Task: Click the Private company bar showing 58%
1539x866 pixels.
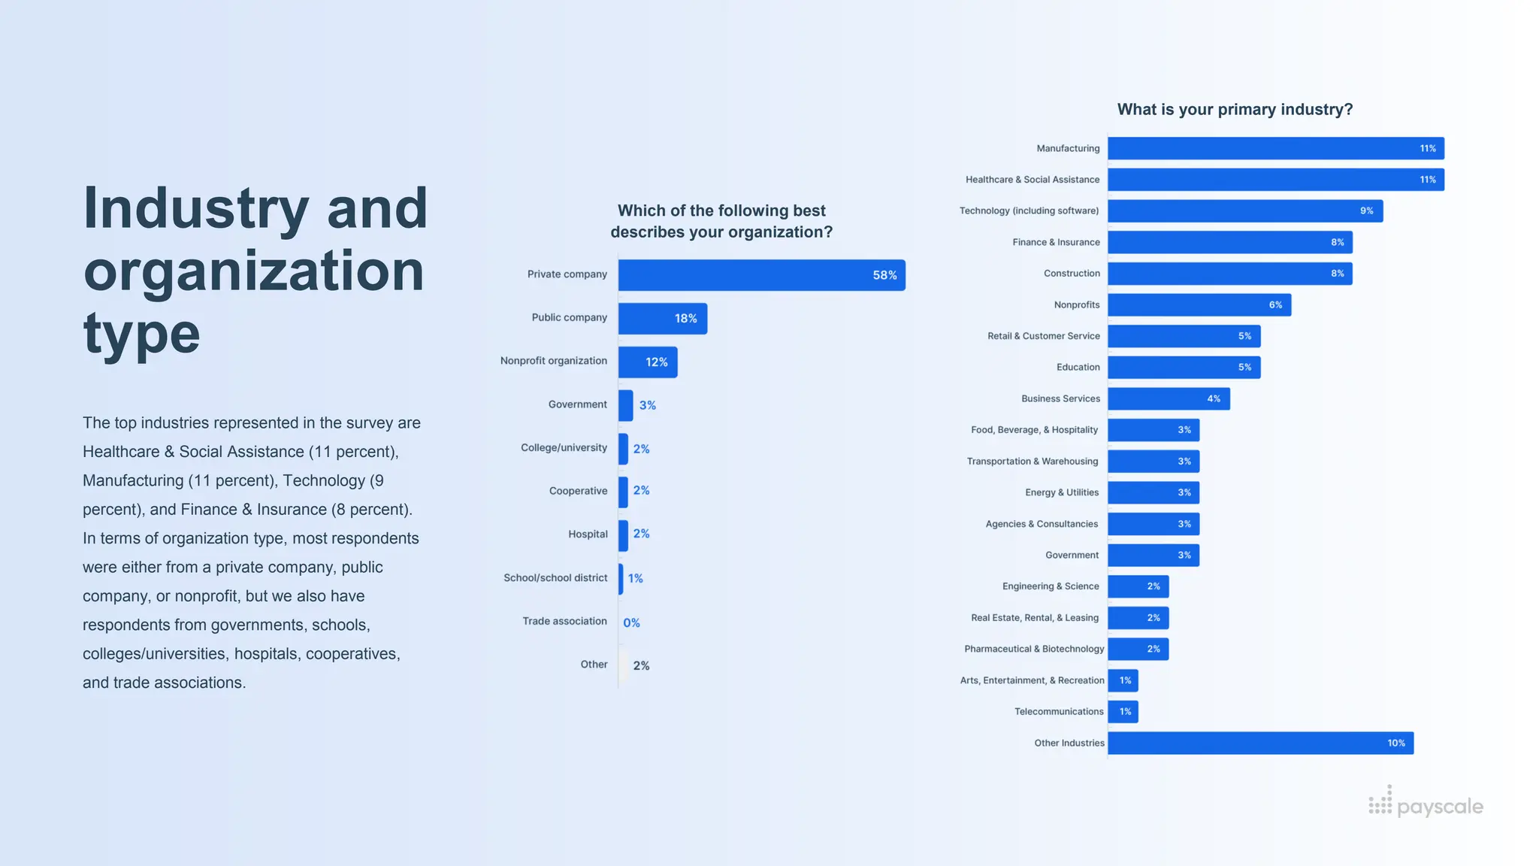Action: point(761,275)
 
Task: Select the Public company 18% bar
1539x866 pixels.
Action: point(662,319)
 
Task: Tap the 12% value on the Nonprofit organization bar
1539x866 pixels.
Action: point(656,362)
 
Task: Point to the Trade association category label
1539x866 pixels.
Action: point(564,621)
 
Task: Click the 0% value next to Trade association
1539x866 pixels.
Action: point(631,622)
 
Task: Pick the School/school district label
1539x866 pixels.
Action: point(555,577)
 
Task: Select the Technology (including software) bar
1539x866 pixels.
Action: point(1244,210)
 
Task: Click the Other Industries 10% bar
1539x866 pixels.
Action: point(1259,743)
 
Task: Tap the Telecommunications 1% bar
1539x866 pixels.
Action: point(1123,711)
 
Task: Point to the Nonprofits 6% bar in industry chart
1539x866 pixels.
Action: point(1199,304)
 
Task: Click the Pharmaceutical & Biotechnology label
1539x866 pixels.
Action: point(1034,649)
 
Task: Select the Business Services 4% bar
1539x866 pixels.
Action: point(1168,398)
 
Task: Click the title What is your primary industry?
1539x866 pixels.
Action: point(1235,110)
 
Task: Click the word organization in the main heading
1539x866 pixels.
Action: point(254,271)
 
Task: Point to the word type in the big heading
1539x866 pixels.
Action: point(141,335)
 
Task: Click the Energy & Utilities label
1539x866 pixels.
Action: point(1061,492)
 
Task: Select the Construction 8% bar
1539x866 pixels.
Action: point(1229,274)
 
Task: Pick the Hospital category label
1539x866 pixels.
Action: point(588,534)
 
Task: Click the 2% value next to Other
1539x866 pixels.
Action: point(641,665)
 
